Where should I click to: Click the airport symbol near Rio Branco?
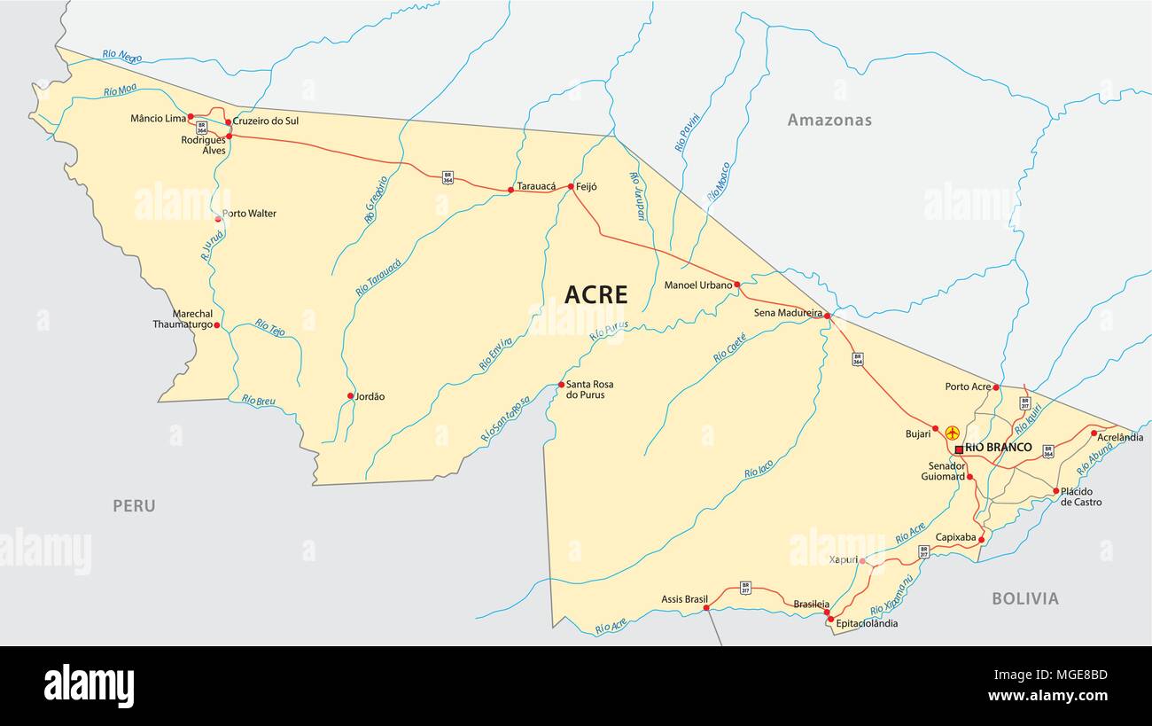pyautogui.click(x=953, y=433)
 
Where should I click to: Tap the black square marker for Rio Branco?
pyautogui.click(x=959, y=449)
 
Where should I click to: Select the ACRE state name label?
pyautogui.click(x=595, y=294)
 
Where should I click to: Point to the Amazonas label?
pyautogui.click(x=829, y=120)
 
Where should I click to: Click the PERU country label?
pyautogui.click(x=134, y=505)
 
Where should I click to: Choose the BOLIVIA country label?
pyautogui.click(x=1024, y=598)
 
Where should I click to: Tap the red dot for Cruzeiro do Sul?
pyautogui.click(x=228, y=122)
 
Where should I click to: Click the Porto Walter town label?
pyautogui.click(x=249, y=214)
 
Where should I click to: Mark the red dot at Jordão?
pyautogui.click(x=350, y=396)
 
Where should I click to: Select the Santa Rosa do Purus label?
pyautogui.click(x=590, y=389)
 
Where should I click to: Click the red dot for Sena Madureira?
pyautogui.click(x=827, y=316)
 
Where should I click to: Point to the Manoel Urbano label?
pyautogui.click(x=698, y=285)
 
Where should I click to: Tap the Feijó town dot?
pyautogui.click(x=571, y=187)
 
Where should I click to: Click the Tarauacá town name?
pyautogui.click(x=536, y=186)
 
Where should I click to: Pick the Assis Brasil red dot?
pyautogui.click(x=707, y=608)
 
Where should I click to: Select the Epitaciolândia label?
pyautogui.click(x=867, y=623)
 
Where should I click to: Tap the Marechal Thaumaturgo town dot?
pyautogui.click(x=216, y=325)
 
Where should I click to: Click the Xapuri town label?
pyautogui.click(x=843, y=560)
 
